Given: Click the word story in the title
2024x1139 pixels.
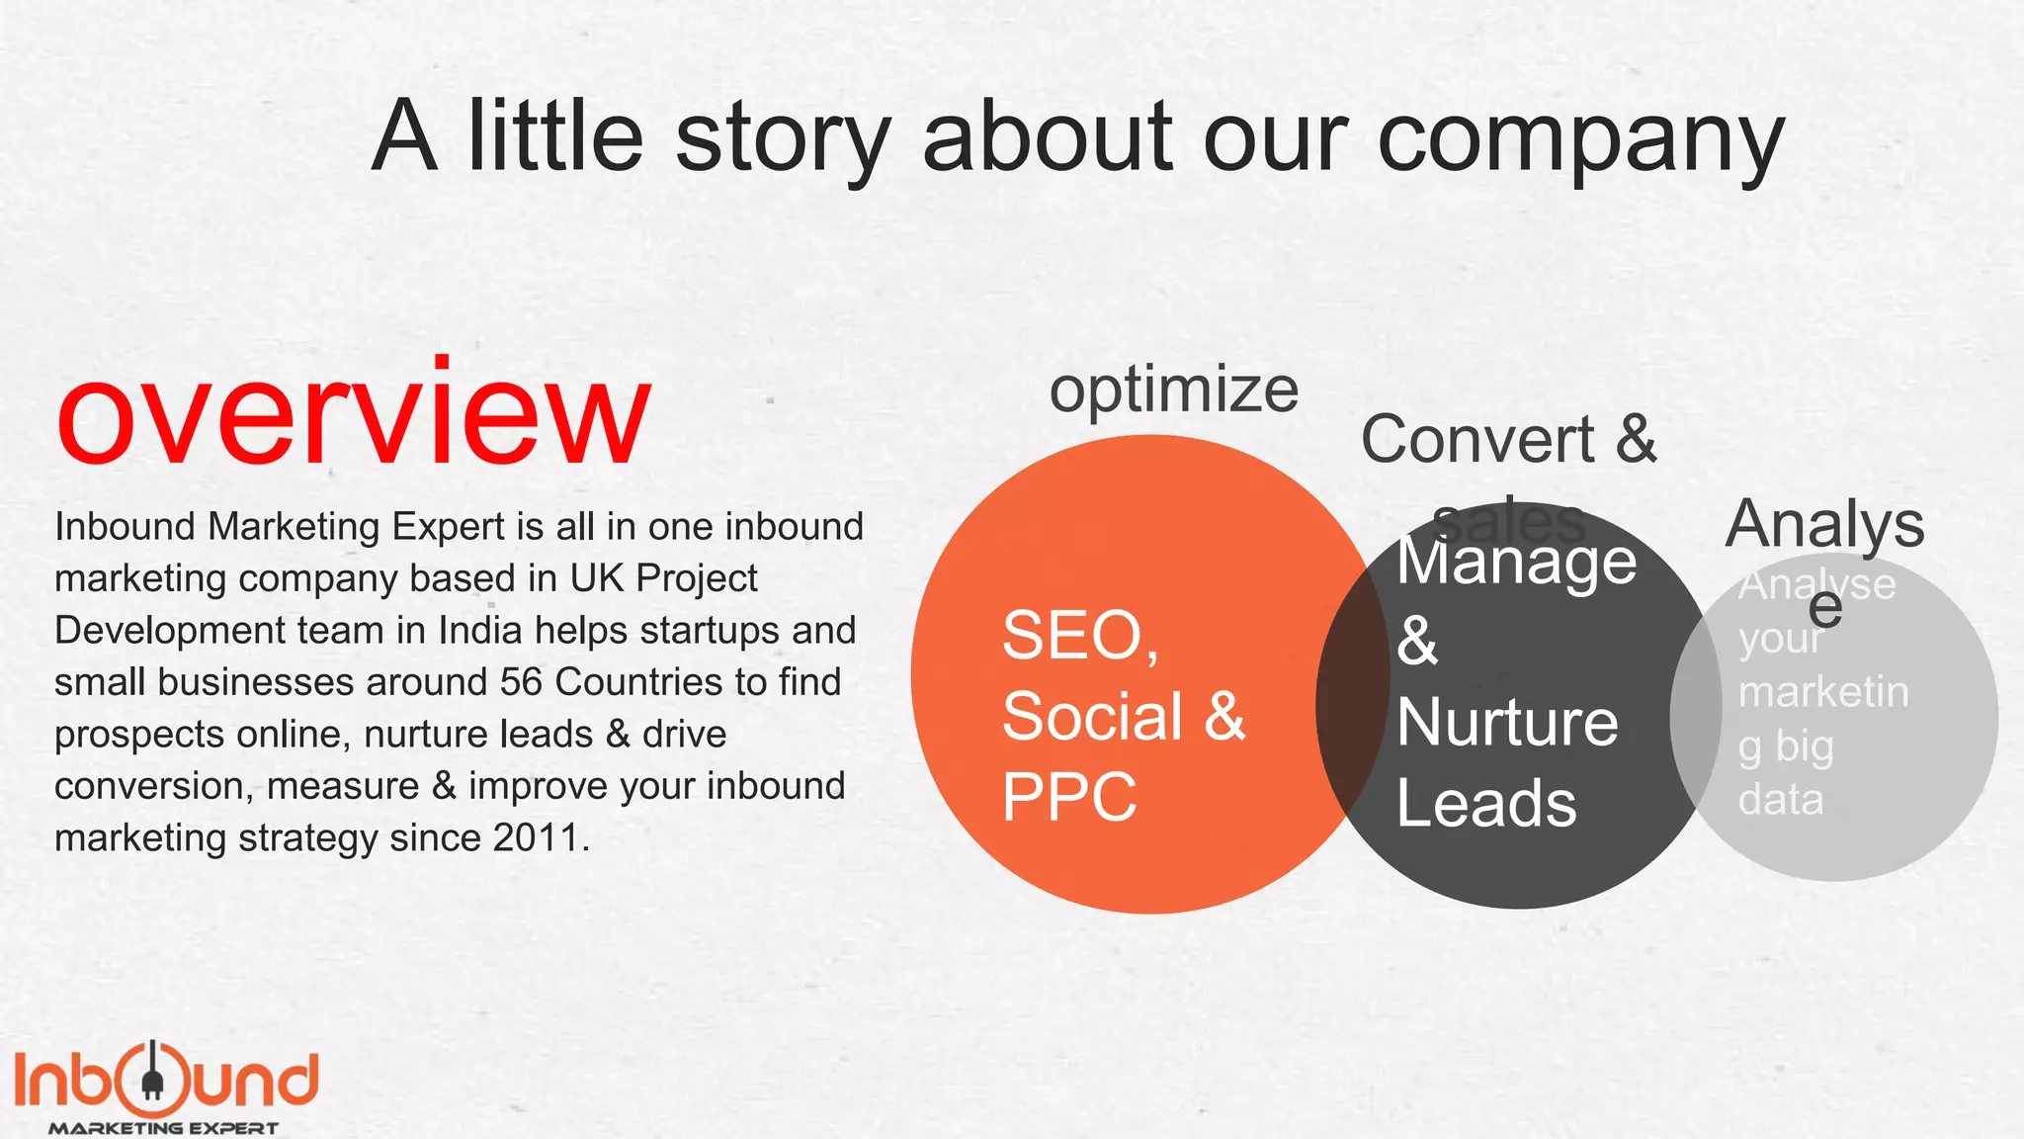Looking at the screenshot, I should pos(783,138).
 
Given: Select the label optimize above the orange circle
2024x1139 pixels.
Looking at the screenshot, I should pos(1173,391).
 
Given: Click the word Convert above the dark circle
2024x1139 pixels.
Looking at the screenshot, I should pos(1477,439).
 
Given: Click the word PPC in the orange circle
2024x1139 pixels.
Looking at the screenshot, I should pos(1069,797).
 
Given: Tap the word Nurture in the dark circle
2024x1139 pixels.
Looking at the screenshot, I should pos(1507,722).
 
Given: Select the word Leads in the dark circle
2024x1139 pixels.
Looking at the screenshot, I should pos(1486,803).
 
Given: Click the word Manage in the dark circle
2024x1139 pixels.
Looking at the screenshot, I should pos(1516,562).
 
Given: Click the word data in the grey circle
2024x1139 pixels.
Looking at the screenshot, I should pos(1780,799).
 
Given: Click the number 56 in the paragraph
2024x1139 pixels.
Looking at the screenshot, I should pos(521,682).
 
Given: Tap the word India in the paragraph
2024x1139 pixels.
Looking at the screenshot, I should pos(479,631).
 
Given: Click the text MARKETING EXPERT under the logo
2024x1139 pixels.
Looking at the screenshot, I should pos(163,1128).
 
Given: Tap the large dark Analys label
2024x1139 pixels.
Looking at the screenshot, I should pos(1824,524).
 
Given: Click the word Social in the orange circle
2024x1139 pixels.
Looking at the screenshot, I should pos(1092,716).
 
